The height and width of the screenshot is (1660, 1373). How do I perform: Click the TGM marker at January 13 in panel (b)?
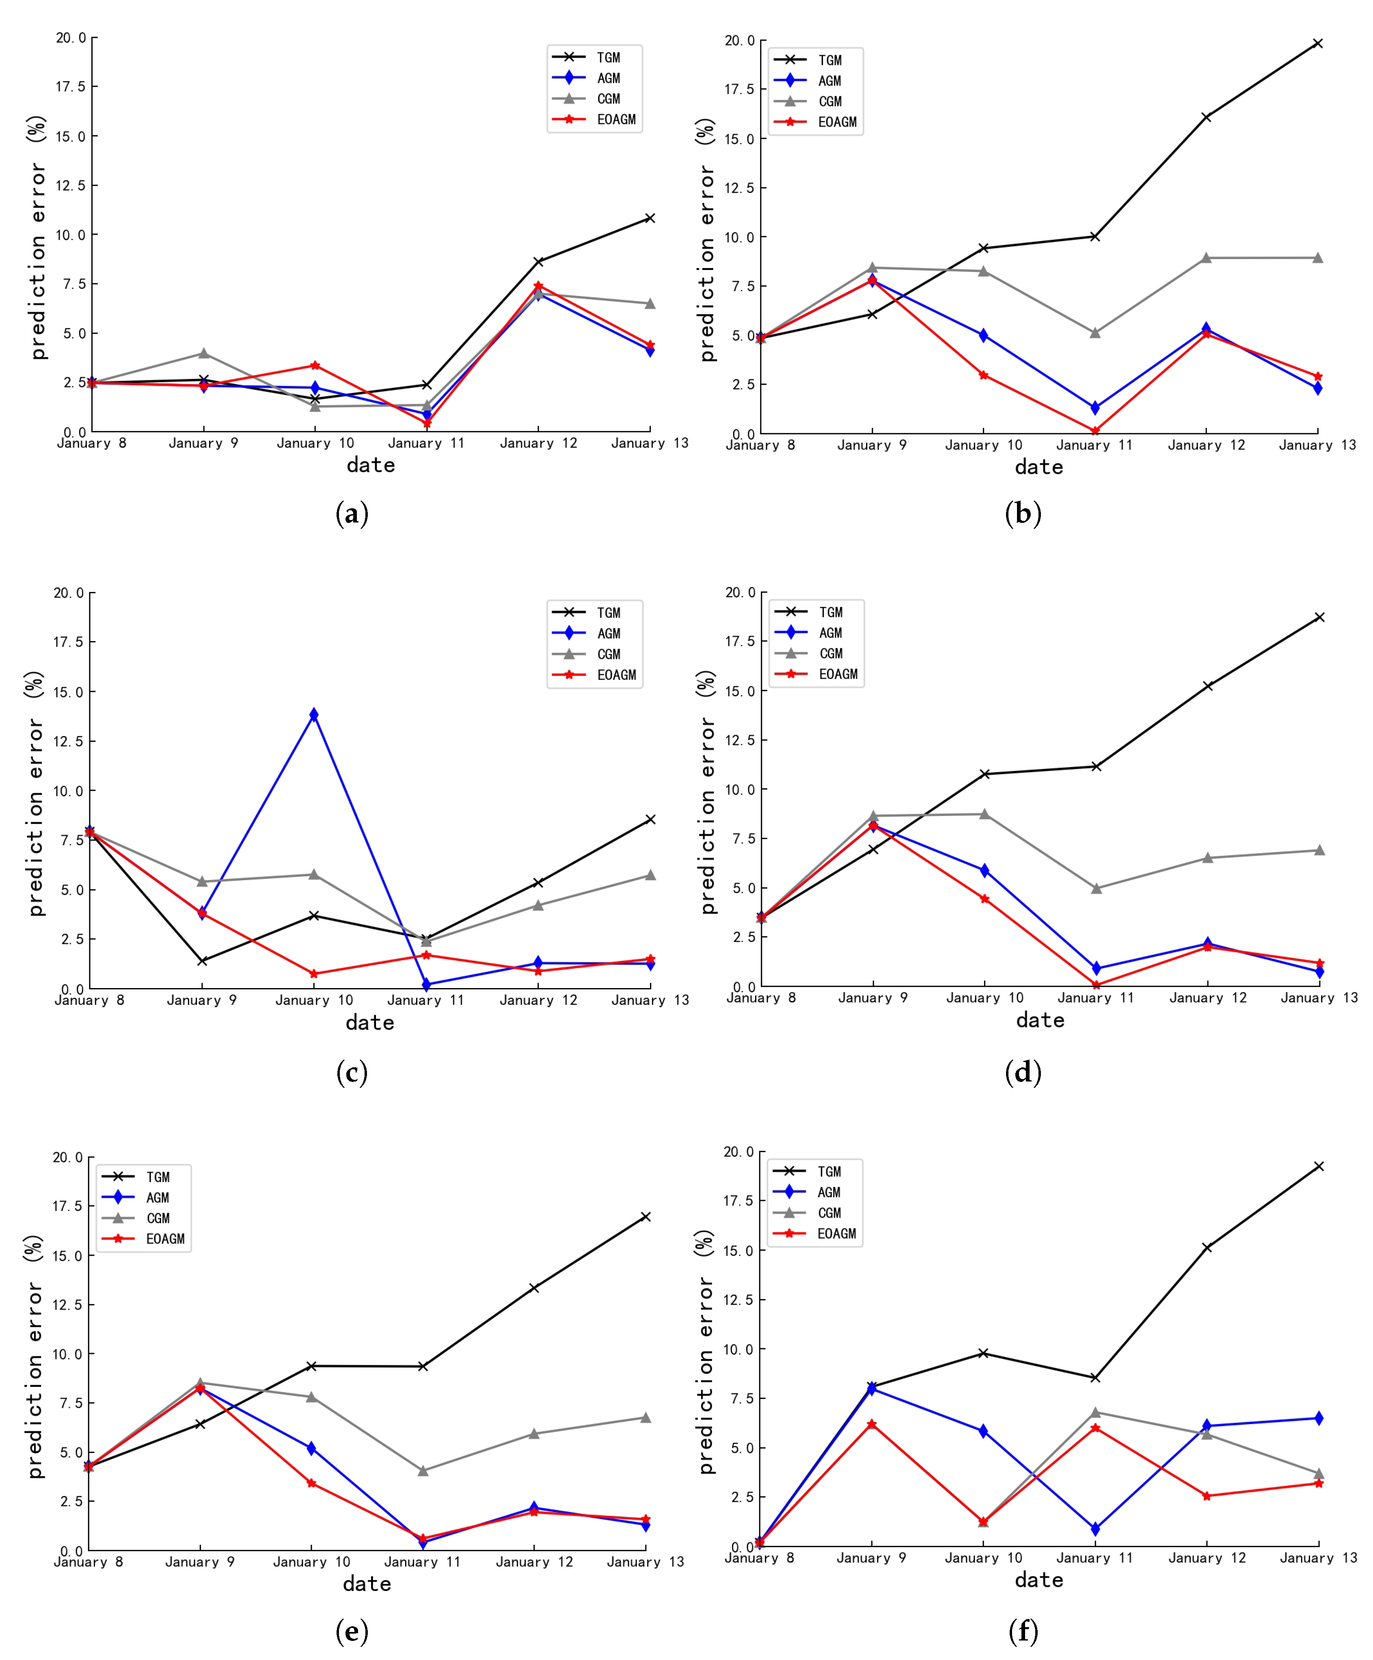(x=1317, y=43)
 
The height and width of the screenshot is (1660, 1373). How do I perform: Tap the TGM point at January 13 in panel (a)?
(x=650, y=218)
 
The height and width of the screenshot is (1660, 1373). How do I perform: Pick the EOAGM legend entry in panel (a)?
(x=615, y=119)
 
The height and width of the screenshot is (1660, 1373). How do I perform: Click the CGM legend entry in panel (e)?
(x=157, y=1218)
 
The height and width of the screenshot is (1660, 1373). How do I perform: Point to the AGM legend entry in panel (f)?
(x=828, y=1192)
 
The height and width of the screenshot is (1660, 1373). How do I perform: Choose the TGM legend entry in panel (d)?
(x=830, y=612)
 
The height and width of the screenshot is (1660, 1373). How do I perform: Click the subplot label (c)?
(x=352, y=1073)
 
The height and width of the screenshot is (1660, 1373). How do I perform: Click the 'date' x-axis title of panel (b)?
(x=1038, y=467)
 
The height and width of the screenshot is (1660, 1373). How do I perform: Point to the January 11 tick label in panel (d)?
(x=1096, y=997)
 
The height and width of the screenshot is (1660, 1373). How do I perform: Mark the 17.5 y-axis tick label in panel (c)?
(x=68, y=642)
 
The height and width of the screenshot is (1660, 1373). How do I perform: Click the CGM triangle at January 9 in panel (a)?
(x=203, y=353)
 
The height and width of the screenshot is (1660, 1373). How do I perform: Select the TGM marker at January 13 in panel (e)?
(x=646, y=1217)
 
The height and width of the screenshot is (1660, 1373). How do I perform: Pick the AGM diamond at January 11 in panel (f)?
(x=1095, y=1529)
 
